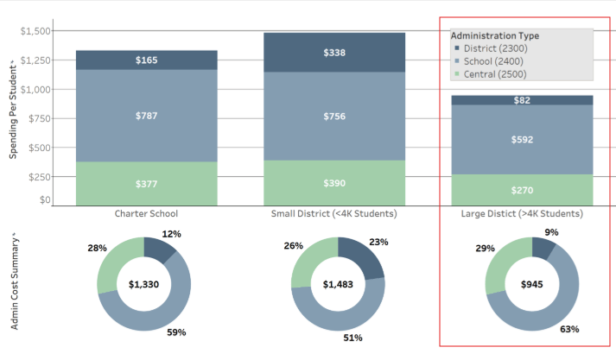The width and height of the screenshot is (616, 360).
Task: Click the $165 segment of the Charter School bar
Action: click(x=147, y=60)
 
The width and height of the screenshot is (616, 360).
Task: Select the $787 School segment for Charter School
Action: click(x=147, y=116)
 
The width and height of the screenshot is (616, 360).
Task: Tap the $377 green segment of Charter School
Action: click(x=147, y=184)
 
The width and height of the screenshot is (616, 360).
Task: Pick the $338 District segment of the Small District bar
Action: click(x=334, y=53)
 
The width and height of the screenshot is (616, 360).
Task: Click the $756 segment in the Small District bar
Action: click(x=334, y=117)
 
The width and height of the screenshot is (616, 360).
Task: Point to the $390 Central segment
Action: click(x=334, y=183)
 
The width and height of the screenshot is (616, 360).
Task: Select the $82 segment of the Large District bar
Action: click(x=521, y=100)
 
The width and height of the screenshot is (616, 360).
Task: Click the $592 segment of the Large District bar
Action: click(x=521, y=139)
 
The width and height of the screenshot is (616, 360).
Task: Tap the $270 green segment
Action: click(x=521, y=190)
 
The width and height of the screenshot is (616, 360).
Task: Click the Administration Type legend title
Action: click(x=495, y=35)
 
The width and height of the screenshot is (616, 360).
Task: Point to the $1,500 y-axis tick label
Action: click(x=35, y=31)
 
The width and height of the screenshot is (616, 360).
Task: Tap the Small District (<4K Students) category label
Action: click(x=334, y=213)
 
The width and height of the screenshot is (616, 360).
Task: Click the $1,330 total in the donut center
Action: click(x=144, y=284)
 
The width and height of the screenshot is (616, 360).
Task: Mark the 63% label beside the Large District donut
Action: click(x=568, y=329)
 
